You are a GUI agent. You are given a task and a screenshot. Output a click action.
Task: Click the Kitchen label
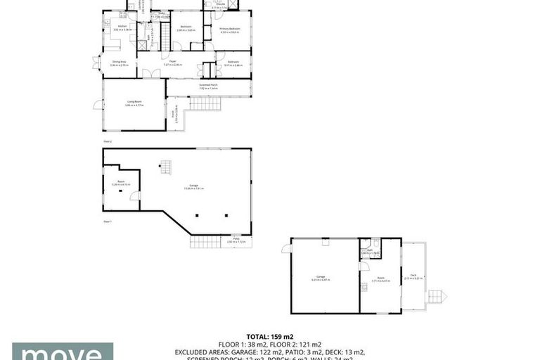[112, 26]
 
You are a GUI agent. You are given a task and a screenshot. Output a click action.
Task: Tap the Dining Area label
[119, 61]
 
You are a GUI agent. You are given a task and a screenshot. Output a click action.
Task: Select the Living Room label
[136, 102]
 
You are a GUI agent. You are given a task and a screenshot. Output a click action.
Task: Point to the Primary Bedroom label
[229, 29]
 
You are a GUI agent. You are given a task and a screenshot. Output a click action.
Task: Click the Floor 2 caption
[108, 141]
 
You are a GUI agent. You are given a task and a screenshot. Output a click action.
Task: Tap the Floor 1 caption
[108, 221]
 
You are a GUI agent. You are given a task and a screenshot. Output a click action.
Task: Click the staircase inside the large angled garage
[166, 168]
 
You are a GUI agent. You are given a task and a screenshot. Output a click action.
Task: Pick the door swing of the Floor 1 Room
[134, 195]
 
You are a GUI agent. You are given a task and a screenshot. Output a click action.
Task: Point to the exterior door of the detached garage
[286, 249]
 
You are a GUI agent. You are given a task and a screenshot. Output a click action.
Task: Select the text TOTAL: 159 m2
[269, 336]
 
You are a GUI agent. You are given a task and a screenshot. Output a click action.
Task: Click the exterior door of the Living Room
[97, 105]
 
